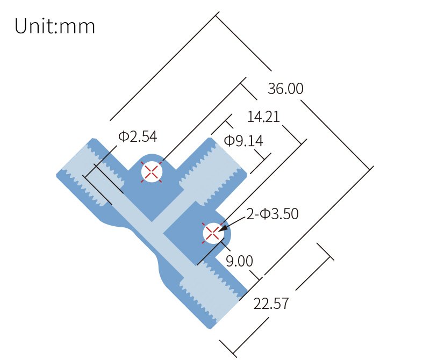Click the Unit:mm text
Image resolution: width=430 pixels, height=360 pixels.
(x=55, y=26)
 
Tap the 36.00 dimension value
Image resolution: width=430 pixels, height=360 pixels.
(x=285, y=89)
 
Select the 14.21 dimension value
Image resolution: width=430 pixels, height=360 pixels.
(x=263, y=117)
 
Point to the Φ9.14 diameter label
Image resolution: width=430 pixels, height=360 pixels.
(x=243, y=141)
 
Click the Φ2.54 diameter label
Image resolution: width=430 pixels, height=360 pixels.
(x=138, y=136)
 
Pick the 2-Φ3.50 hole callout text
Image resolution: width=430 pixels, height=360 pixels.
(x=273, y=214)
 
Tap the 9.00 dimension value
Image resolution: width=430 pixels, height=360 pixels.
(x=239, y=261)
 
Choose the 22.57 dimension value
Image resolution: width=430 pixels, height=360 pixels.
(x=271, y=304)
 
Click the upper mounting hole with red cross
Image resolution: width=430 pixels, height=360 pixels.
(x=152, y=172)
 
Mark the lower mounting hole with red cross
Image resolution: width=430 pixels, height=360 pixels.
(x=213, y=233)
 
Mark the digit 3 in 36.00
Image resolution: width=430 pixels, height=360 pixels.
(x=271, y=89)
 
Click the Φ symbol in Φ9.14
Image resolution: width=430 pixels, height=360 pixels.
(x=229, y=141)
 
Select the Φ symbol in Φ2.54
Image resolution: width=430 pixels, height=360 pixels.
(x=123, y=136)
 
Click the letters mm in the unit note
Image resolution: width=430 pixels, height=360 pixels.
(x=77, y=28)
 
